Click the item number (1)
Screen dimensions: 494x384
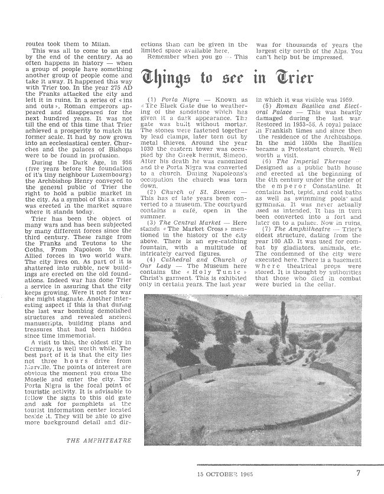(x=151, y=98)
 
